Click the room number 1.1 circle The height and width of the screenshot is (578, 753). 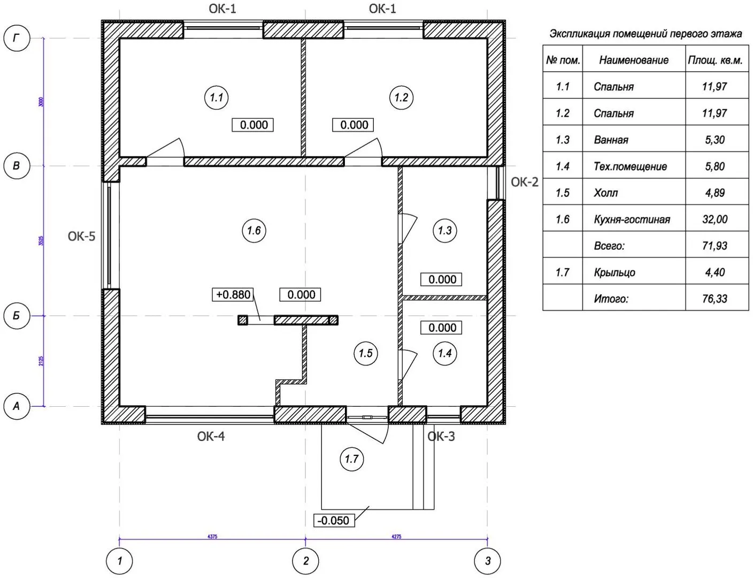tap(216, 97)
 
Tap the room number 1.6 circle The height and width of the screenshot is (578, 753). tap(253, 231)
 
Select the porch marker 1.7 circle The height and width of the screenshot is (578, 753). tap(351, 459)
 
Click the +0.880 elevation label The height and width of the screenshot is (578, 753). tap(233, 294)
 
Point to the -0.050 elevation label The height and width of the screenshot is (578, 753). tap(333, 520)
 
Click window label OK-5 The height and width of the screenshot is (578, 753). tap(81, 236)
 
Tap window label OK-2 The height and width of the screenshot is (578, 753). tap(524, 182)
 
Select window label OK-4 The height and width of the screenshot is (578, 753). tap(211, 436)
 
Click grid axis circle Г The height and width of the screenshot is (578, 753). tap(17, 38)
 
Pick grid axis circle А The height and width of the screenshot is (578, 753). tap(17, 406)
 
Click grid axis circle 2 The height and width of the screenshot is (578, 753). tap(305, 561)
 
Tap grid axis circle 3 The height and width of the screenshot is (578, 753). tap(487, 561)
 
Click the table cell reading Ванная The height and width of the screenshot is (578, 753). tap(611, 140)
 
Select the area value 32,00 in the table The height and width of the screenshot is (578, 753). tap(714, 219)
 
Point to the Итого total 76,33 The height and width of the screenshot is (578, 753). tap(714, 299)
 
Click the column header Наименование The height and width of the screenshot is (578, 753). tap(633, 60)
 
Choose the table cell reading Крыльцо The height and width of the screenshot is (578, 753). tap(614, 272)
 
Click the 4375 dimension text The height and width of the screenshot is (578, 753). tap(212, 536)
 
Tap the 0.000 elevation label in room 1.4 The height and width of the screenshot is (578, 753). tap(442, 328)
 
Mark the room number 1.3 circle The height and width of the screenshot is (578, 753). tap(444, 231)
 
